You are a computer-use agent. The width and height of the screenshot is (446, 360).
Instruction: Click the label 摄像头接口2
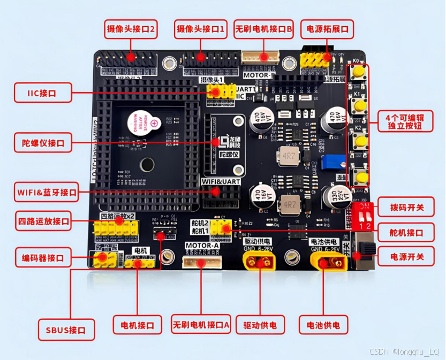click(x=131, y=29)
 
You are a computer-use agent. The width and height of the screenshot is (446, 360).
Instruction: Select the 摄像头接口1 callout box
click(x=201, y=29)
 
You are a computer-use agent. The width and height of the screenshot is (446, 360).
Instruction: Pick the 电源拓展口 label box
click(x=327, y=29)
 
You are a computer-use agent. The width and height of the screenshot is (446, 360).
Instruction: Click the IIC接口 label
click(x=42, y=93)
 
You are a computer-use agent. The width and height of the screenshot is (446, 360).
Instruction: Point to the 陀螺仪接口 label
click(x=42, y=143)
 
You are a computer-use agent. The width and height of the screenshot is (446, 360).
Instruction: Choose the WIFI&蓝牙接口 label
click(x=42, y=192)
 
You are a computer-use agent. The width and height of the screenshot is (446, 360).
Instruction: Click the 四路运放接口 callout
click(x=43, y=221)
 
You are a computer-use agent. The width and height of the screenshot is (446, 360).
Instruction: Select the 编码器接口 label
click(x=42, y=258)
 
